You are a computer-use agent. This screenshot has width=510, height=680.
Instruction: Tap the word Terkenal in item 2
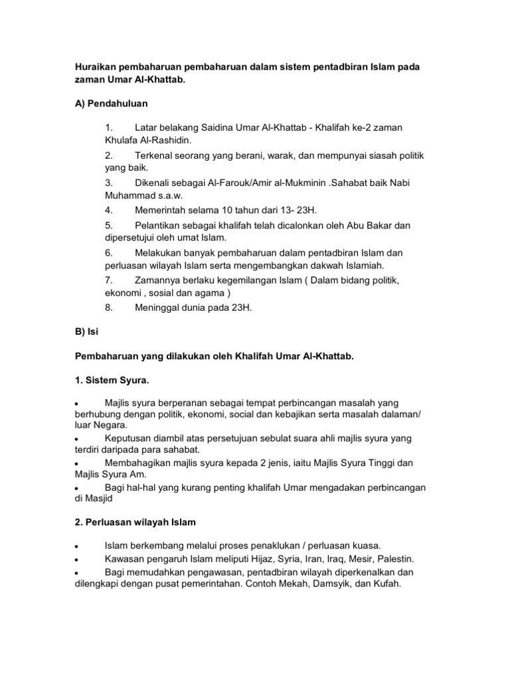coord(155,155)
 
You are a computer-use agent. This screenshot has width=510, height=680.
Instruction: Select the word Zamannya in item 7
coord(158,278)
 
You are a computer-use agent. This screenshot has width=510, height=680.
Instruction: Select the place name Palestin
coord(398,558)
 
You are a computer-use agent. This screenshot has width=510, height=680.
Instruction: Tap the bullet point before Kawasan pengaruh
coord(77,559)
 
